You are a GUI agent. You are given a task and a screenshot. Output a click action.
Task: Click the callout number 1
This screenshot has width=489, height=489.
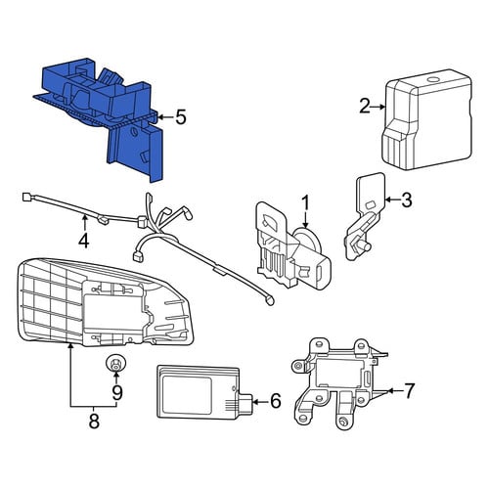pos(305,202)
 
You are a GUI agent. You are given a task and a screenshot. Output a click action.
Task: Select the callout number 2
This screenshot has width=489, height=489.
pos(365,107)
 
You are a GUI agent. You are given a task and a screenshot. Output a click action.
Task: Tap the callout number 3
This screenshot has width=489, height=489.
pos(407,200)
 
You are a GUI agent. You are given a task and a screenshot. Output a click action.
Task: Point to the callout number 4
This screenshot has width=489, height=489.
pos(84,241)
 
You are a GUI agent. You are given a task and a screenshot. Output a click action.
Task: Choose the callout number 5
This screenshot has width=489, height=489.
pos(181,117)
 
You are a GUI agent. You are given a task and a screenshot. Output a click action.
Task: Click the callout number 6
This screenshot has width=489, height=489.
pos(276,401)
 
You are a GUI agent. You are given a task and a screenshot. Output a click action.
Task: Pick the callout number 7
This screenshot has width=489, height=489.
pos(409,390)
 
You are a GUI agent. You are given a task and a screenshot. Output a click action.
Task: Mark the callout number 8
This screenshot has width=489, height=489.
pos(94,422)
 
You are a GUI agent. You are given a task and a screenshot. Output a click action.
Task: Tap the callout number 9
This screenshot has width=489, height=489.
pos(116,392)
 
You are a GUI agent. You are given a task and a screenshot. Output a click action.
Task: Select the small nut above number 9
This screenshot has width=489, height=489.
pos(115,363)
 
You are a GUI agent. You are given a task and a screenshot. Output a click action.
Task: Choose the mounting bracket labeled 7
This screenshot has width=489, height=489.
pos(339,384)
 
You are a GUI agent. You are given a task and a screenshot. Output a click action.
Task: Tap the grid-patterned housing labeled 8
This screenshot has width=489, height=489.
pos(105,302)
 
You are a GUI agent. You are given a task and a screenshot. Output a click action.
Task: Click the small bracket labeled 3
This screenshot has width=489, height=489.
pos(365,216)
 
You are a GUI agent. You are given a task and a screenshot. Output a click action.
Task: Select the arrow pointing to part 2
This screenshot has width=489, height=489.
pos(378,107)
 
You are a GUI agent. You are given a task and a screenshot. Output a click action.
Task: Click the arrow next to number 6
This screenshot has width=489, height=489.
pos(260,402)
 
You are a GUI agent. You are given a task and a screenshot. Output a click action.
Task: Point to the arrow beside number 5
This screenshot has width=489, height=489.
pos(165,116)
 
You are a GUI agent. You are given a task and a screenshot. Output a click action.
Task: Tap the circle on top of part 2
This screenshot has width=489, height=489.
pos(433,79)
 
